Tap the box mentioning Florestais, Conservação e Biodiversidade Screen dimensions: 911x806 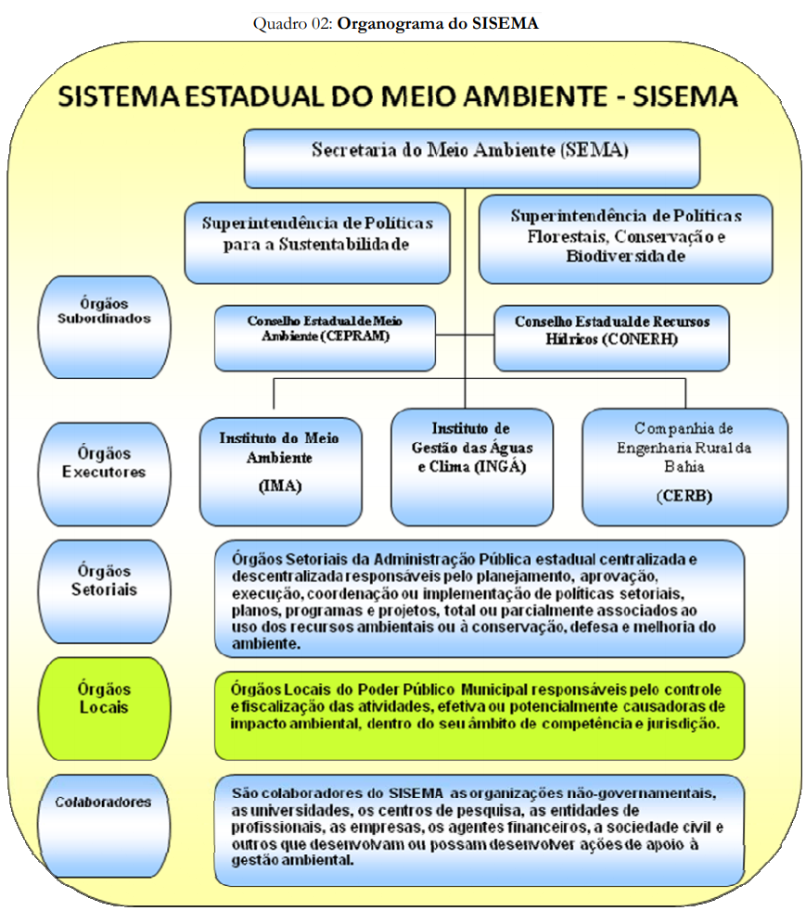625,237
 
